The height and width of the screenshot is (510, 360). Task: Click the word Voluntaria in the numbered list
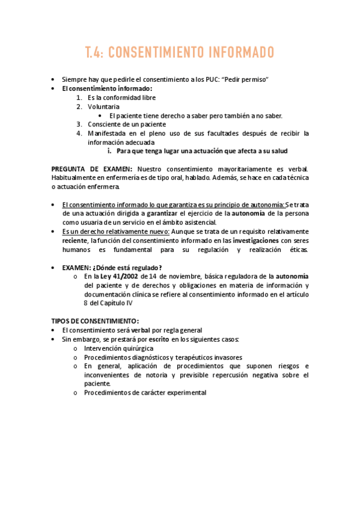(103, 106)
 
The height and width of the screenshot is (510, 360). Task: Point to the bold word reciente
(75, 240)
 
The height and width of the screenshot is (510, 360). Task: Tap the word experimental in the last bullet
(183, 393)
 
